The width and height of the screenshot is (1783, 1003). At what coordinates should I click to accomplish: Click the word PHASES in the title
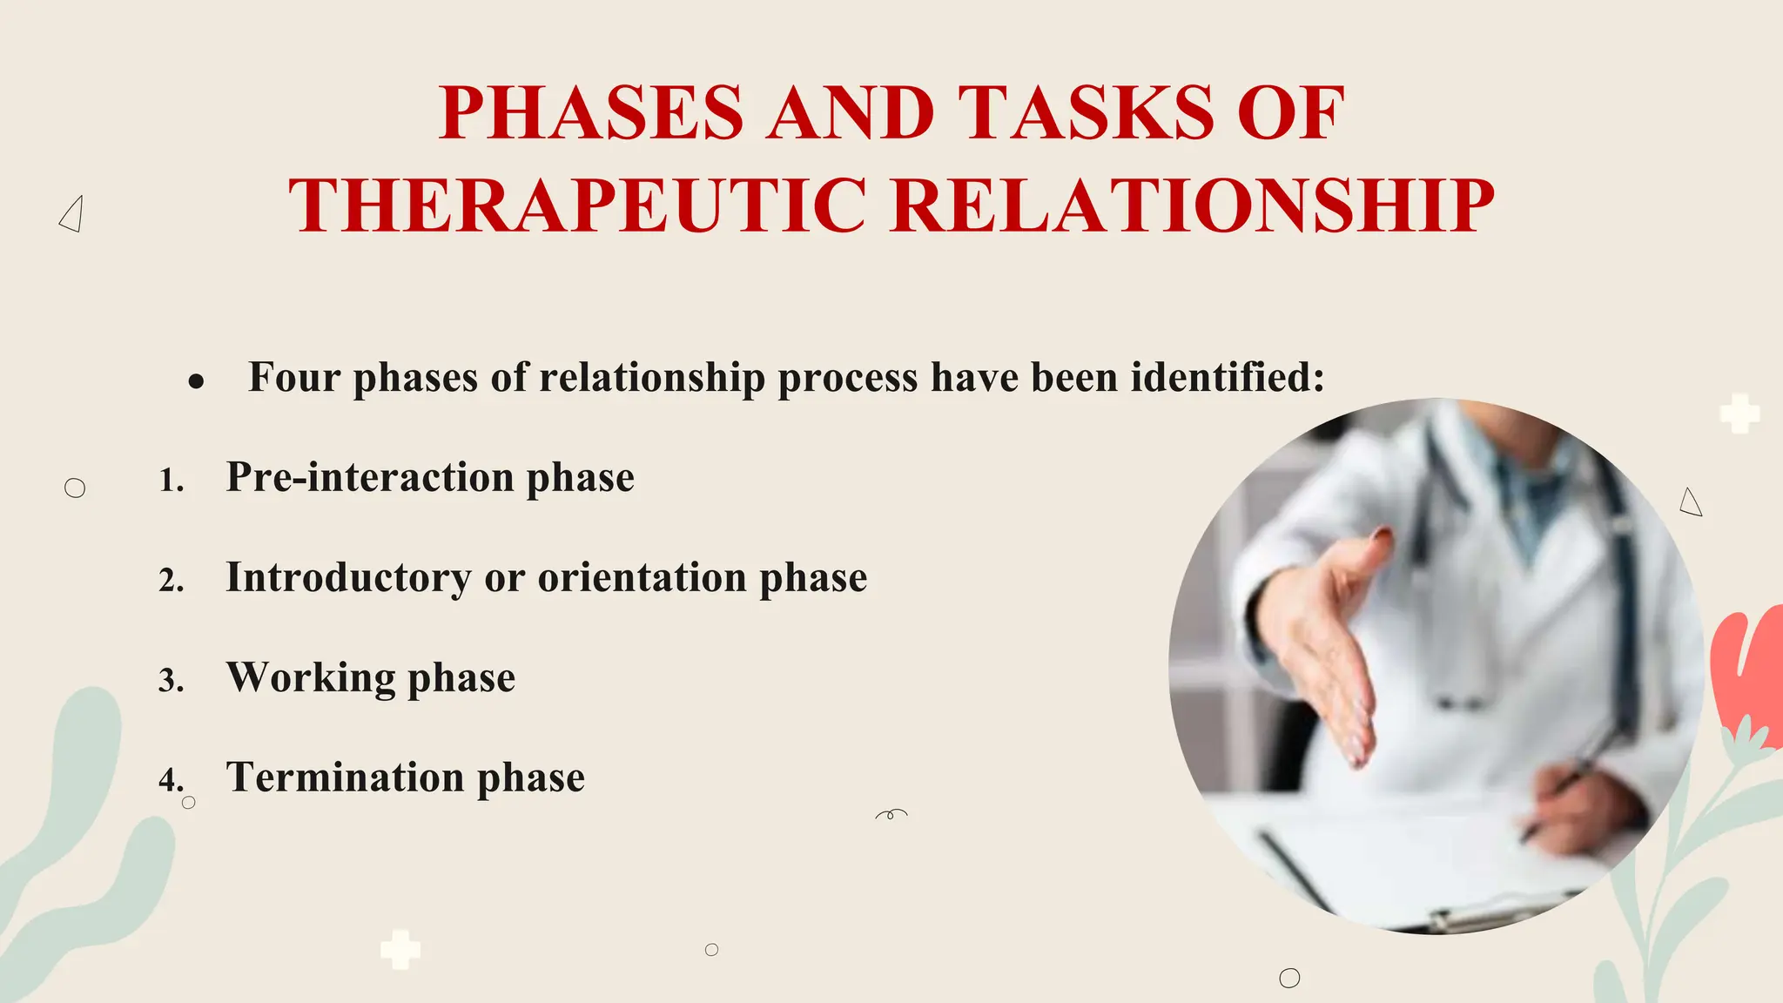[591, 113]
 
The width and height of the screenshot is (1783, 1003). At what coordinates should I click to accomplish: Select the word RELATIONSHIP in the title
[1193, 206]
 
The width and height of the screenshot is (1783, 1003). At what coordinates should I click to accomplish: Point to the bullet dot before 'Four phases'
[196, 381]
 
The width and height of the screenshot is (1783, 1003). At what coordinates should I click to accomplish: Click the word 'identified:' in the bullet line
[1228, 377]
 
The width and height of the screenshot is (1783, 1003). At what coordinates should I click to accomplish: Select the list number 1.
[172, 481]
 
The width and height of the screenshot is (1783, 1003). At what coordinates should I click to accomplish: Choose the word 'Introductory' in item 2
[348, 578]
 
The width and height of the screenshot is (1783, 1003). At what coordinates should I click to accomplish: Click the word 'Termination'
[345, 777]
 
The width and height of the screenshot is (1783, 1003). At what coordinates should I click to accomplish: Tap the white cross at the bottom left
[400, 950]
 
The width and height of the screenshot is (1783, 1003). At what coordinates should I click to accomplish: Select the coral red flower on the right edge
[1746, 670]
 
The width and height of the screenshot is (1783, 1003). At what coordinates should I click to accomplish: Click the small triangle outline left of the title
[72, 214]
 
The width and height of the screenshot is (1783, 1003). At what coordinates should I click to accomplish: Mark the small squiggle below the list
[891, 815]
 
